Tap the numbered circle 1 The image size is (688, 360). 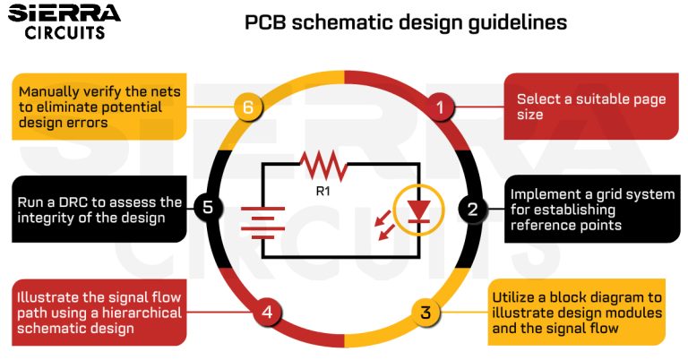coord(439,107)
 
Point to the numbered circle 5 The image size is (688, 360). coord(208,209)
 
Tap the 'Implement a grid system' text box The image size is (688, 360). coord(587,210)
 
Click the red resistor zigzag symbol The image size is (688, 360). coord(322,164)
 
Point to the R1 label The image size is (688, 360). coord(323,191)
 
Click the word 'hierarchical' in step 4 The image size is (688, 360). coord(140,313)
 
